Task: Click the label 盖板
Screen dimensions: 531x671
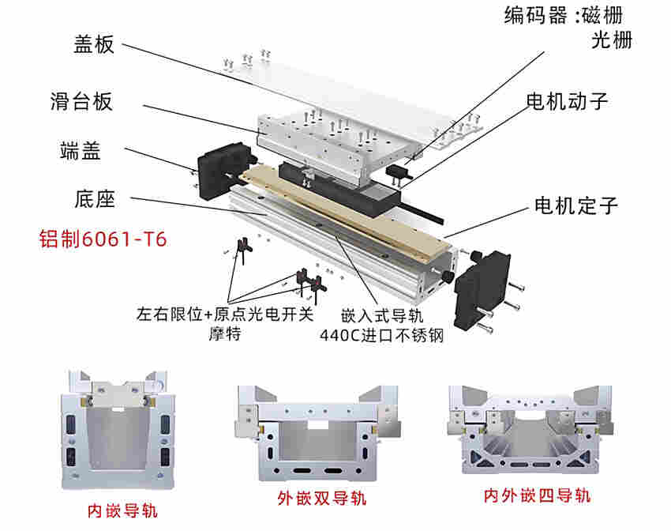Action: [88, 43]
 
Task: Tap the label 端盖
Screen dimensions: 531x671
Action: [80, 151]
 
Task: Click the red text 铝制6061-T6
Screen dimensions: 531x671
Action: [103, 239]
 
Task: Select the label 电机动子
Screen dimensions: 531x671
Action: [568, 101]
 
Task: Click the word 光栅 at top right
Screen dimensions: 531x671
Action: [612, 41]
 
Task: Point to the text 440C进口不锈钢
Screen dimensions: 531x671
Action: [381, 335]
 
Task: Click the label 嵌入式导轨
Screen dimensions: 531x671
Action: [380, 314]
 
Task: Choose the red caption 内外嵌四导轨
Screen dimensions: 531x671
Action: [537, 495]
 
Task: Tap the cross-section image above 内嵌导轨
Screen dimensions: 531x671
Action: [117, 430]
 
